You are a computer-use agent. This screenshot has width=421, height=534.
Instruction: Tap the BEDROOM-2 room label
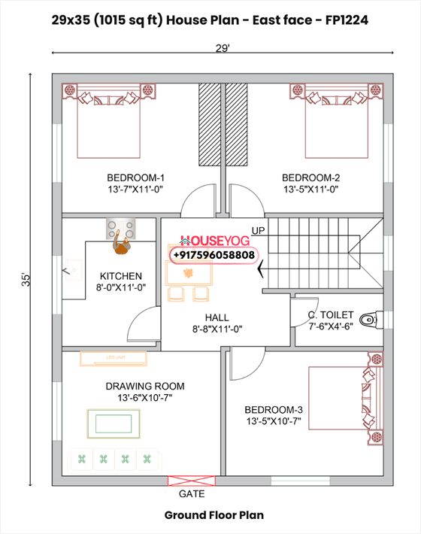[x=311, y=177]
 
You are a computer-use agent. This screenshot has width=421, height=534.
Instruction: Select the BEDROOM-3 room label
[x=274, y=410]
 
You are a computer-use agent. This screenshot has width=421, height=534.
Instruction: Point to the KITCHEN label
[x=121, y=276]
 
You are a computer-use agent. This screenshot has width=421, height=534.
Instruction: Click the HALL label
[x=217, y=317]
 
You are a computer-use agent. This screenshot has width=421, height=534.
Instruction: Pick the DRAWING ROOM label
[x=145, y=386]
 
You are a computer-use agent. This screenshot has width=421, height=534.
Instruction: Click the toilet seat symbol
[x=367, y=320]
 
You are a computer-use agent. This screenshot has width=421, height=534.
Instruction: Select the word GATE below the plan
[x=192, y=495]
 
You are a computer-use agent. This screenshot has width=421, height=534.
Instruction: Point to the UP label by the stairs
[x=258, y=229]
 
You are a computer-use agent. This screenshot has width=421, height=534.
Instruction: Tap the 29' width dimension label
[x=222, y=48]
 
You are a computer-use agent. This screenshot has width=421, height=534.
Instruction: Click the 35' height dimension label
[x=27, y=279]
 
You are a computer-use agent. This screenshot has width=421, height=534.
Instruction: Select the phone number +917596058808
[x=214, y=256]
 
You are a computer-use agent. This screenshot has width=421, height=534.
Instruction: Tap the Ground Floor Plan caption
[x=214, y=516]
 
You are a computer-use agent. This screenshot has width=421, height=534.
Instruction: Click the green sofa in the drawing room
[x=117, y=458]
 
